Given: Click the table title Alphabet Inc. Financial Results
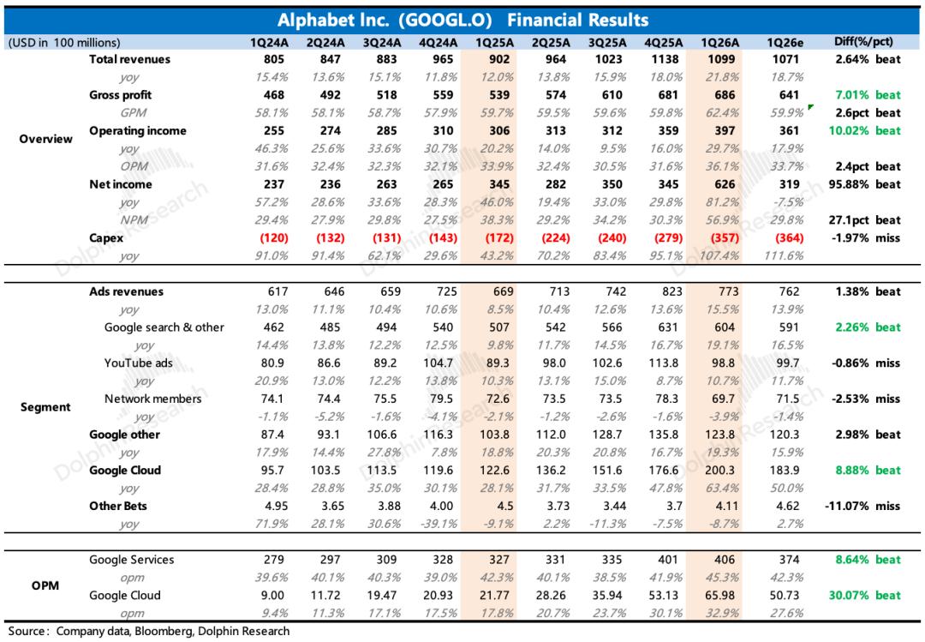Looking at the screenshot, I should (x=462, y=21).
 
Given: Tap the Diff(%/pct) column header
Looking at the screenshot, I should (x=866, y=42).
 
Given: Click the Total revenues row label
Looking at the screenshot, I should (x=129, y=60).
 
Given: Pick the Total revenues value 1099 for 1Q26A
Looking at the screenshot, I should (x=714, y=60).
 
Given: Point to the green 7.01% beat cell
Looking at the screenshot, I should (x=866, y=95).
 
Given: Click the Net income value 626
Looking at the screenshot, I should (x=714, y=184).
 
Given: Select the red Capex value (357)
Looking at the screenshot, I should (x=714, y=237).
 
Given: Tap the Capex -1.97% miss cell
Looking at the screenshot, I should (x=866, y=237).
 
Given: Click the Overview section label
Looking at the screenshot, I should (x=45, y=139).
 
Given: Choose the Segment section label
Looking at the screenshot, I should (x=45, y=407).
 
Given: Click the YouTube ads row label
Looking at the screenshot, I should (x=139, y=363).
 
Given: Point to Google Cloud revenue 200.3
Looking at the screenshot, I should (x=714, y=471).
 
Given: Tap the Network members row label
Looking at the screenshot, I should (x=153, y=399).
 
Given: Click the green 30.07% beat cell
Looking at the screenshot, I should (x=866, y=596).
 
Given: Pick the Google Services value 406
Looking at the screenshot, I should (x=714, y=560).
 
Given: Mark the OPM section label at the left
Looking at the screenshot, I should (x=45, y=586).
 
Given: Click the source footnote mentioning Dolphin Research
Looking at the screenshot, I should (x=147, y=632).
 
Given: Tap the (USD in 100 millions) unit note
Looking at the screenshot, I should (x=63, y=42).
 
